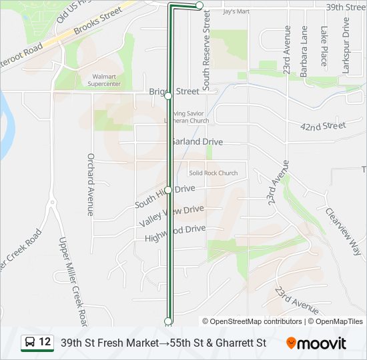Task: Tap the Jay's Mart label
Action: (x=236, y=11)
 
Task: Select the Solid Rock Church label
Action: (x=213, y=173)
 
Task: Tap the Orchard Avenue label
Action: (x=90, y=185)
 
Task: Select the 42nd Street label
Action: (x=323, y=126)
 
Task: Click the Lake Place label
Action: (x=324, y=46)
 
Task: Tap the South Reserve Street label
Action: (x=206, y=50)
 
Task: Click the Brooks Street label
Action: (x=99, y=22)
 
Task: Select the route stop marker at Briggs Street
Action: (x=168, y=96)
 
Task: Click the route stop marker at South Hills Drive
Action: (x=168, y=190)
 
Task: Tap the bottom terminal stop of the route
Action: (x=168, y=321)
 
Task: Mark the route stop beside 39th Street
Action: (x=200, y=5)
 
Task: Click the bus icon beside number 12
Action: (x=30, y=343)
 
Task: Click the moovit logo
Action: (x=316, y=343)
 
